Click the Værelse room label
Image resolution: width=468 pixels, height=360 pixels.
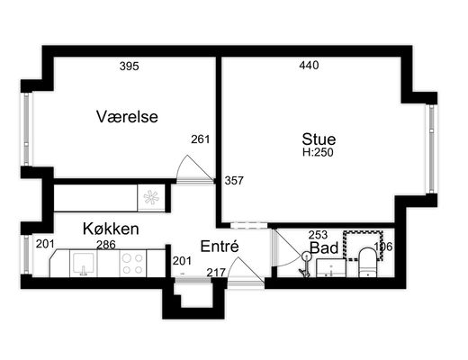point(127,116)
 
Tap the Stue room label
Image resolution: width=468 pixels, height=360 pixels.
point(319,139)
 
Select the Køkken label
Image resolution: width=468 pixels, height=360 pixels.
point(111,229)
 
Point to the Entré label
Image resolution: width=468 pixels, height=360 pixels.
point(220,247)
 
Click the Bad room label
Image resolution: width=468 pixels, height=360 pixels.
point(324,247)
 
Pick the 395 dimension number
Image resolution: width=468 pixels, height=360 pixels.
point(130,66)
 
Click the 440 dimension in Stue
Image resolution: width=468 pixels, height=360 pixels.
point(309,65)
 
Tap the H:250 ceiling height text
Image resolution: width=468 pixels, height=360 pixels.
point(318,152)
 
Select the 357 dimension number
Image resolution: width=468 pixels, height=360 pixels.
point(234,181)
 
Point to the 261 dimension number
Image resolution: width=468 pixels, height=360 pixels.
point(201,139)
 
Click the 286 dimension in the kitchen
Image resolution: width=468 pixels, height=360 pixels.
point(106,245)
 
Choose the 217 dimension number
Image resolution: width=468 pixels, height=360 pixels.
point(216,273)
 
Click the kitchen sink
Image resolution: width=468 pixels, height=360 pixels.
point(84,263)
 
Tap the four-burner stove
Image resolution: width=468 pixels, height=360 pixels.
point(133,263)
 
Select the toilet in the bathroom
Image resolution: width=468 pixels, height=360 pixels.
point(367,262)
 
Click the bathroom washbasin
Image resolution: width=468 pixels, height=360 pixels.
point(331,267)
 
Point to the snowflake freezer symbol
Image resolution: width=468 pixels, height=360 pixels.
point(151,197)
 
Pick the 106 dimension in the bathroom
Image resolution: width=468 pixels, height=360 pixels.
point(383,247)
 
